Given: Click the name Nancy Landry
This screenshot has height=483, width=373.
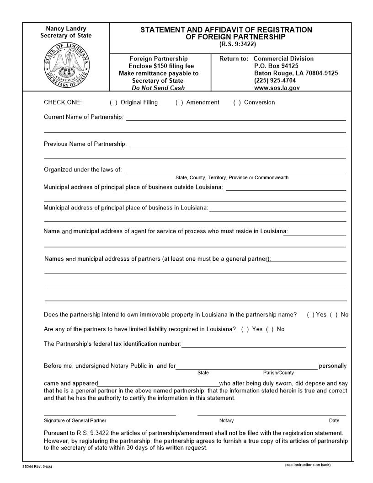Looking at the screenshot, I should pos(66,28).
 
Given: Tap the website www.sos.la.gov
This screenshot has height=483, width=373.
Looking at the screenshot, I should pos(277,88).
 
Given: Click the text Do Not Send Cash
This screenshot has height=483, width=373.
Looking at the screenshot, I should pos(158,88).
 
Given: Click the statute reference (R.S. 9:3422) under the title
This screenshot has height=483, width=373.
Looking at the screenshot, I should pos(238,44).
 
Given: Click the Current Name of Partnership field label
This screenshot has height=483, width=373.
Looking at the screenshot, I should pos(84,117).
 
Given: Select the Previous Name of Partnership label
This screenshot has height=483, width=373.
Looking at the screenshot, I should pos(85,144).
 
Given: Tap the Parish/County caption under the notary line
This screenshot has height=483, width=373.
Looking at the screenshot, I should pos(278,373).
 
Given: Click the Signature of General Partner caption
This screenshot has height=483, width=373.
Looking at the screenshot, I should pos(75,421).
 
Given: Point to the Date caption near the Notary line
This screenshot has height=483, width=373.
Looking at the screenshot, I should pos(334,421).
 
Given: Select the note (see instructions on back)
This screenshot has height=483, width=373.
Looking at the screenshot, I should pos(307,465).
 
